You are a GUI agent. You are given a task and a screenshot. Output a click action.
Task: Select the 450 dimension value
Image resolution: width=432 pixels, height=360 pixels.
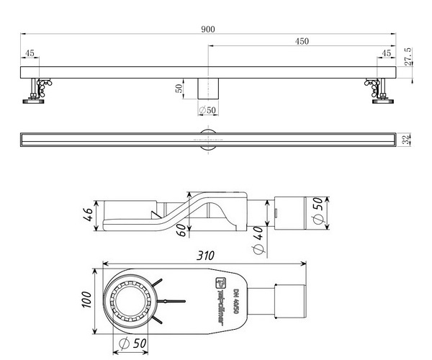(302, 42)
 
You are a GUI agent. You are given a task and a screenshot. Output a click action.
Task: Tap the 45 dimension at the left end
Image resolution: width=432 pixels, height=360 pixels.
(30, 54)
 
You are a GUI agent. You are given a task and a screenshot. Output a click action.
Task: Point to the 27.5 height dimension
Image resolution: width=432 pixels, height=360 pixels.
(408, 56)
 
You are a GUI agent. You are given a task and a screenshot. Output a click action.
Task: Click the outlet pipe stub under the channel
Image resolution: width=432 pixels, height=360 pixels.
(208, 88)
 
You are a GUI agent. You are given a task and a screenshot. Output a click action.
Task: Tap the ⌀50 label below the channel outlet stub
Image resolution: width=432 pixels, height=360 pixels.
(207, 110)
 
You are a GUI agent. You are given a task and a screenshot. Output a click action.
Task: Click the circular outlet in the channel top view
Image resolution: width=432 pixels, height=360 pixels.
(208, 138)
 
